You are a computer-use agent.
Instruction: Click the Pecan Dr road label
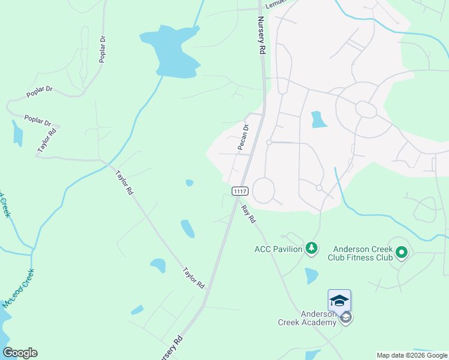tap(244, 137)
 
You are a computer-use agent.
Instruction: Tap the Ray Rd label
tap(249, 214)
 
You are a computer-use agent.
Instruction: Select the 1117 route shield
tap(240, 191)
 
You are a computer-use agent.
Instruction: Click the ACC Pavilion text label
tap(278, 249)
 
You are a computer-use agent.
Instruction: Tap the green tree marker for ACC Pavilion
tap(311, 248)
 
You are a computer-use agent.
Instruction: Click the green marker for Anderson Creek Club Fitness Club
tap(400, 253)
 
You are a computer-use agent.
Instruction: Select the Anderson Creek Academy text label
tap(307, 318)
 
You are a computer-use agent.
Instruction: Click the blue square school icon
tap(339, 300)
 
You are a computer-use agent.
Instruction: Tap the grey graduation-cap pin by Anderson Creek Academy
tap(345, 317)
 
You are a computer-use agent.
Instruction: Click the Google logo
tap(20, 353)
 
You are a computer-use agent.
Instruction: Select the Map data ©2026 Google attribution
tap(412, 355)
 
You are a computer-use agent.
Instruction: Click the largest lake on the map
tap(171, 51)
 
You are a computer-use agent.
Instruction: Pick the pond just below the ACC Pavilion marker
tap(311, 275)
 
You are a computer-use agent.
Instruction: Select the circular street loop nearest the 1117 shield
tap(264, 190)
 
